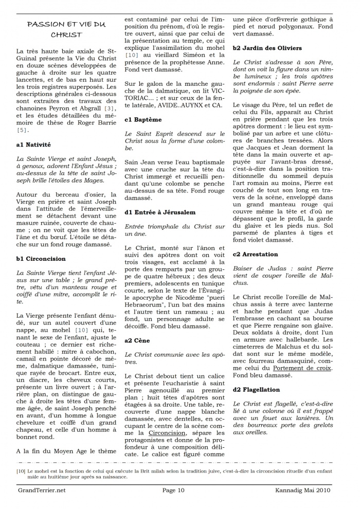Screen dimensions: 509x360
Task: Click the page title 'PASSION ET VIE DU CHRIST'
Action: coord(66,29)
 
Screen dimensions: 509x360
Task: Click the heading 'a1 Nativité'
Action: coord(33,146)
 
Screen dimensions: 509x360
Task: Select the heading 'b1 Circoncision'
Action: coord(41,259)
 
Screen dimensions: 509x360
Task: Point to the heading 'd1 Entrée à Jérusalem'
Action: coord(160,212)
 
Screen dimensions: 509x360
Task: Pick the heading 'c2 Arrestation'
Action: coord(256,254)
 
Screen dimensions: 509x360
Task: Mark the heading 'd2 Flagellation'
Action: coord(257,390)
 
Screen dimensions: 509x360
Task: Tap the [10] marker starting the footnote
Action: coord(21,470)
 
